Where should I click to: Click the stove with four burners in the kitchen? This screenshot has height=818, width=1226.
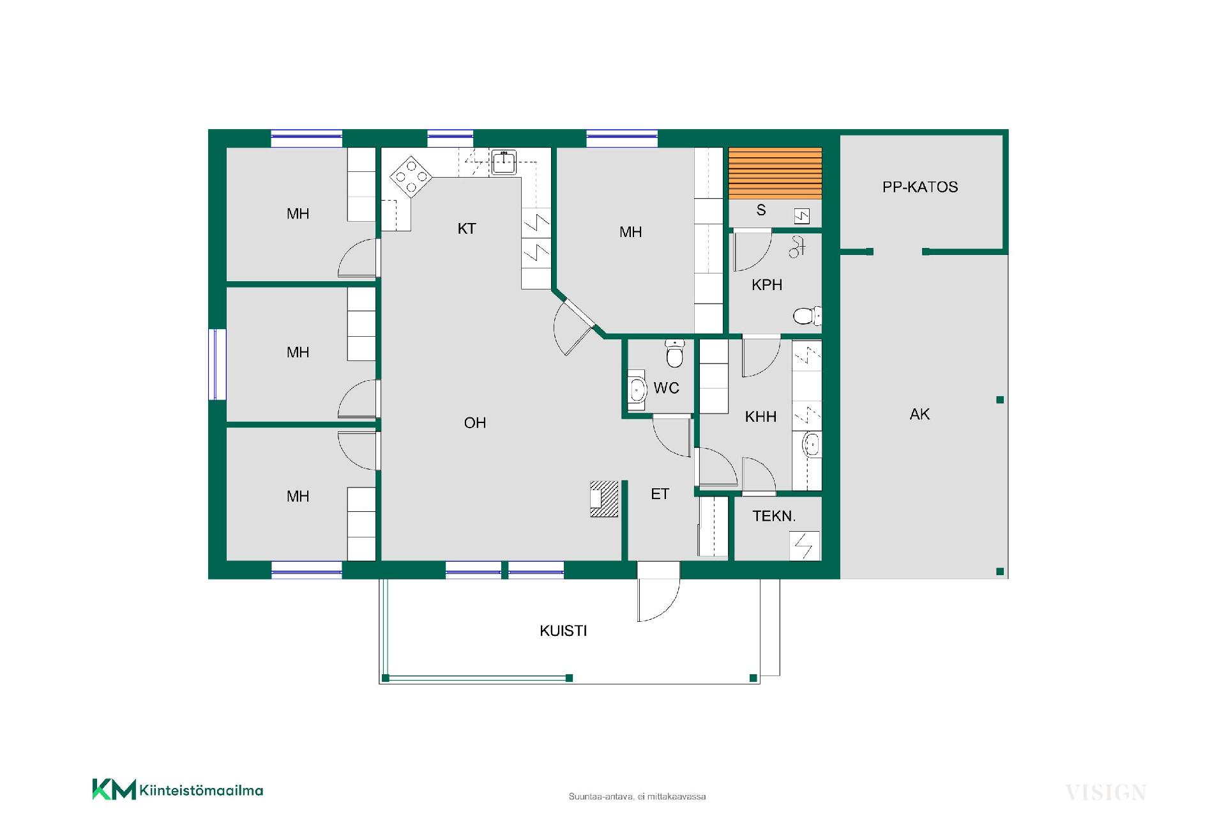pyautogui.click(x=411, y=175)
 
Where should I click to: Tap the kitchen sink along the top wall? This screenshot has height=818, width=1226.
pyautogui.click(x=504, y=162)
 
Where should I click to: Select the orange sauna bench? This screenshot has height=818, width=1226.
pyautogui.click(x=775, y=173)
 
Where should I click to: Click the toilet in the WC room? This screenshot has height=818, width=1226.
pyautogui.click(x=674, y=353)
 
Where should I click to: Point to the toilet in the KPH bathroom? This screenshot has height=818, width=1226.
pyautogui.click(x=807, y=316)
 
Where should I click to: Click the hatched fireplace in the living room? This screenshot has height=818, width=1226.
pyautogui.click(x=604, y=498)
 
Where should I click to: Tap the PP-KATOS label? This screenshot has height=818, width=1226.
pyautogui.click(x=920, y=187)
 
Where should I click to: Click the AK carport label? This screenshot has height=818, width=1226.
pyautogui.click(x=919, y=414)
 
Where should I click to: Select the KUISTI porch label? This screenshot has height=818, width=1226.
pyautogui.click(x=563, y=631)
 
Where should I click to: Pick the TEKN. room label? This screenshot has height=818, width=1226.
pyautogui.click(x=774, y=516)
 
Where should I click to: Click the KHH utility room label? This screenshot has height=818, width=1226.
pyautogui.click(x=761, y=417)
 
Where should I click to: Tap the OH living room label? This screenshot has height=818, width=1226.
pyautogui.click(x=475, y=422)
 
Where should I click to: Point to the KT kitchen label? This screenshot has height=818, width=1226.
pyautogui.click(x=467, y=229)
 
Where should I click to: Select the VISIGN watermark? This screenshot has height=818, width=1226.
pyautogui.click(x=1105, y=793)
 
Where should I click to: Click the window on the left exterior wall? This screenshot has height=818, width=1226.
pyautogui.click(x=218, y=364)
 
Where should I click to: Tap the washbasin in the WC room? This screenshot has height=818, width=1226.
pyautogui.click(x=637, y=389)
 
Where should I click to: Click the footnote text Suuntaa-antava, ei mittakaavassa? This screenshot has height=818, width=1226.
pyautogui.click(x=637, y=797)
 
